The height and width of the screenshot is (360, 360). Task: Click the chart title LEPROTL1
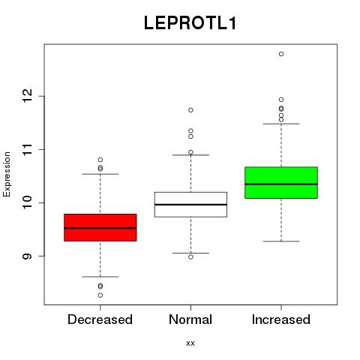190,23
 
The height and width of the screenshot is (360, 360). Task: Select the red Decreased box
100,227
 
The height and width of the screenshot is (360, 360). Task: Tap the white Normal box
190,205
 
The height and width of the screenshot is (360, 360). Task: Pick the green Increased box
281,182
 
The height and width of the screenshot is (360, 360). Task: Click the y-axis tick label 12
27,96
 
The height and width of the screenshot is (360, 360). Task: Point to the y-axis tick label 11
27,149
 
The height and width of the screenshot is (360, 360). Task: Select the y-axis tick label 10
27,202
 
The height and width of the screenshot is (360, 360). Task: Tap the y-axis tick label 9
27,256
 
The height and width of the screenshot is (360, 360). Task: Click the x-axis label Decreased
100,319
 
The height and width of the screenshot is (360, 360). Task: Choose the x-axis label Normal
190,319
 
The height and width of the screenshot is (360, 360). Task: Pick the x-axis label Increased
281,319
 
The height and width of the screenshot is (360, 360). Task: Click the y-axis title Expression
7,174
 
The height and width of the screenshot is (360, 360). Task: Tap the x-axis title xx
190,343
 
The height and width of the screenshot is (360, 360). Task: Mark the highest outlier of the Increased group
281,54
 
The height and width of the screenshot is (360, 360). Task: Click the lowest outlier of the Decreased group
100,295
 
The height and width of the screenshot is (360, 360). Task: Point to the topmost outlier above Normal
190,110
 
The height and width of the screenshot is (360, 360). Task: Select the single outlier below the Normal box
190,256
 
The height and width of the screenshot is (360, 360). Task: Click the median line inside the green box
281,184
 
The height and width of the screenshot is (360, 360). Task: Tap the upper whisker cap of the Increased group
281,124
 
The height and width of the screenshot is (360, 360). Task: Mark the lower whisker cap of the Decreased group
100,277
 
